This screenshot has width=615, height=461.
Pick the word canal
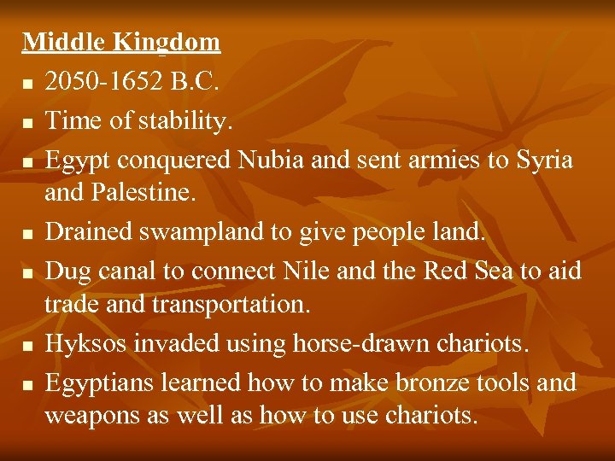coord(136,271)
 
